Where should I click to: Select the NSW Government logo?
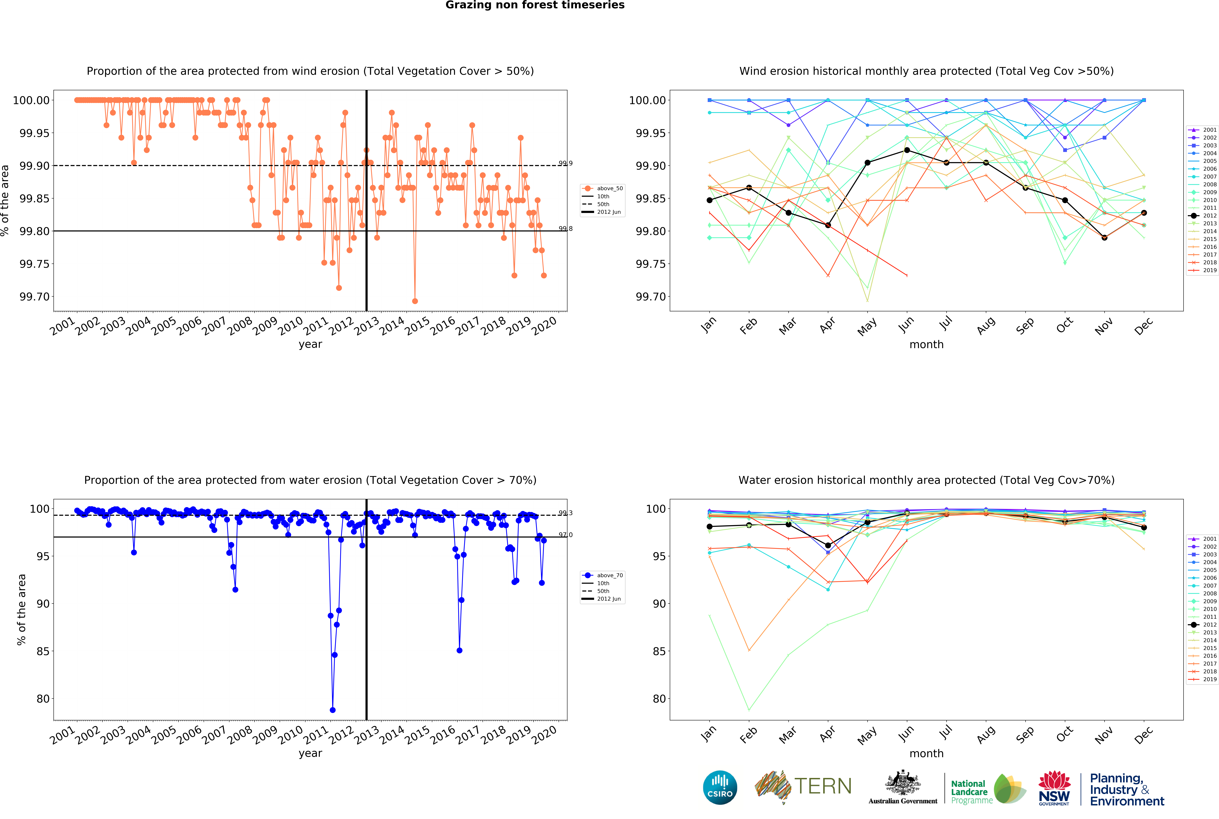pyautogui.click(x=1054, y=788)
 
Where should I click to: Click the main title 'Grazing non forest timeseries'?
pyautogui.click(x=535, y=5)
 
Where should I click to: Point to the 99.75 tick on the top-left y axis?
pyautogui.click(x=34, y=264)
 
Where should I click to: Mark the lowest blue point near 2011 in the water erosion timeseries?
pyautogui.click(x=333, y=710)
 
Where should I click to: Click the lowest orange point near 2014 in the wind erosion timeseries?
pyautogui.click(x=415, y=301)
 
